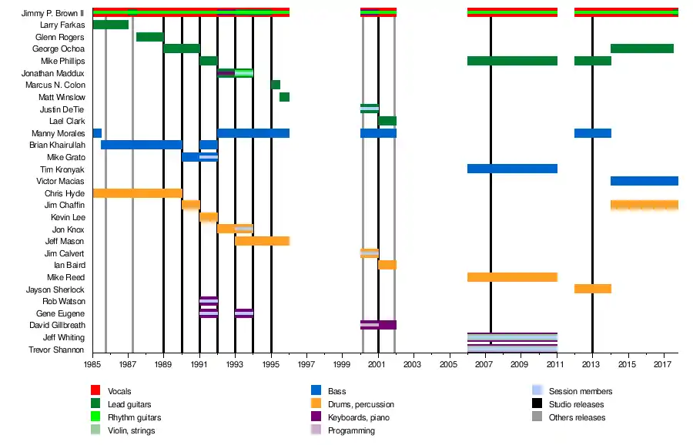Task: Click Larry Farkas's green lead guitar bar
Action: [x=110, y=25]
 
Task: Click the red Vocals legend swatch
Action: [x=95, y=392]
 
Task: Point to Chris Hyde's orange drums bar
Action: [x=137, y=193]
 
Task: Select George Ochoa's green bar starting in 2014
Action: [x=642, y=49]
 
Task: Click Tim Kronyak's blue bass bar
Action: [x=512, y=169]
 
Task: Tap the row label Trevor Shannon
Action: [x=59, y=350]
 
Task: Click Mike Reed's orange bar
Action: [x=512, y=277]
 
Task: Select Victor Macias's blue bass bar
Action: [x=644, y=181]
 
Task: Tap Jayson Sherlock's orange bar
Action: [x=592, y=289]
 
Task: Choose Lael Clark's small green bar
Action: [x=387, y=121]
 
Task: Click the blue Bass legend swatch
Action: [x=315, y=392]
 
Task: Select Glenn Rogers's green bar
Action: [x=149, y=37]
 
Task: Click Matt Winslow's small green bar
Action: [x=284, y=97]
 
